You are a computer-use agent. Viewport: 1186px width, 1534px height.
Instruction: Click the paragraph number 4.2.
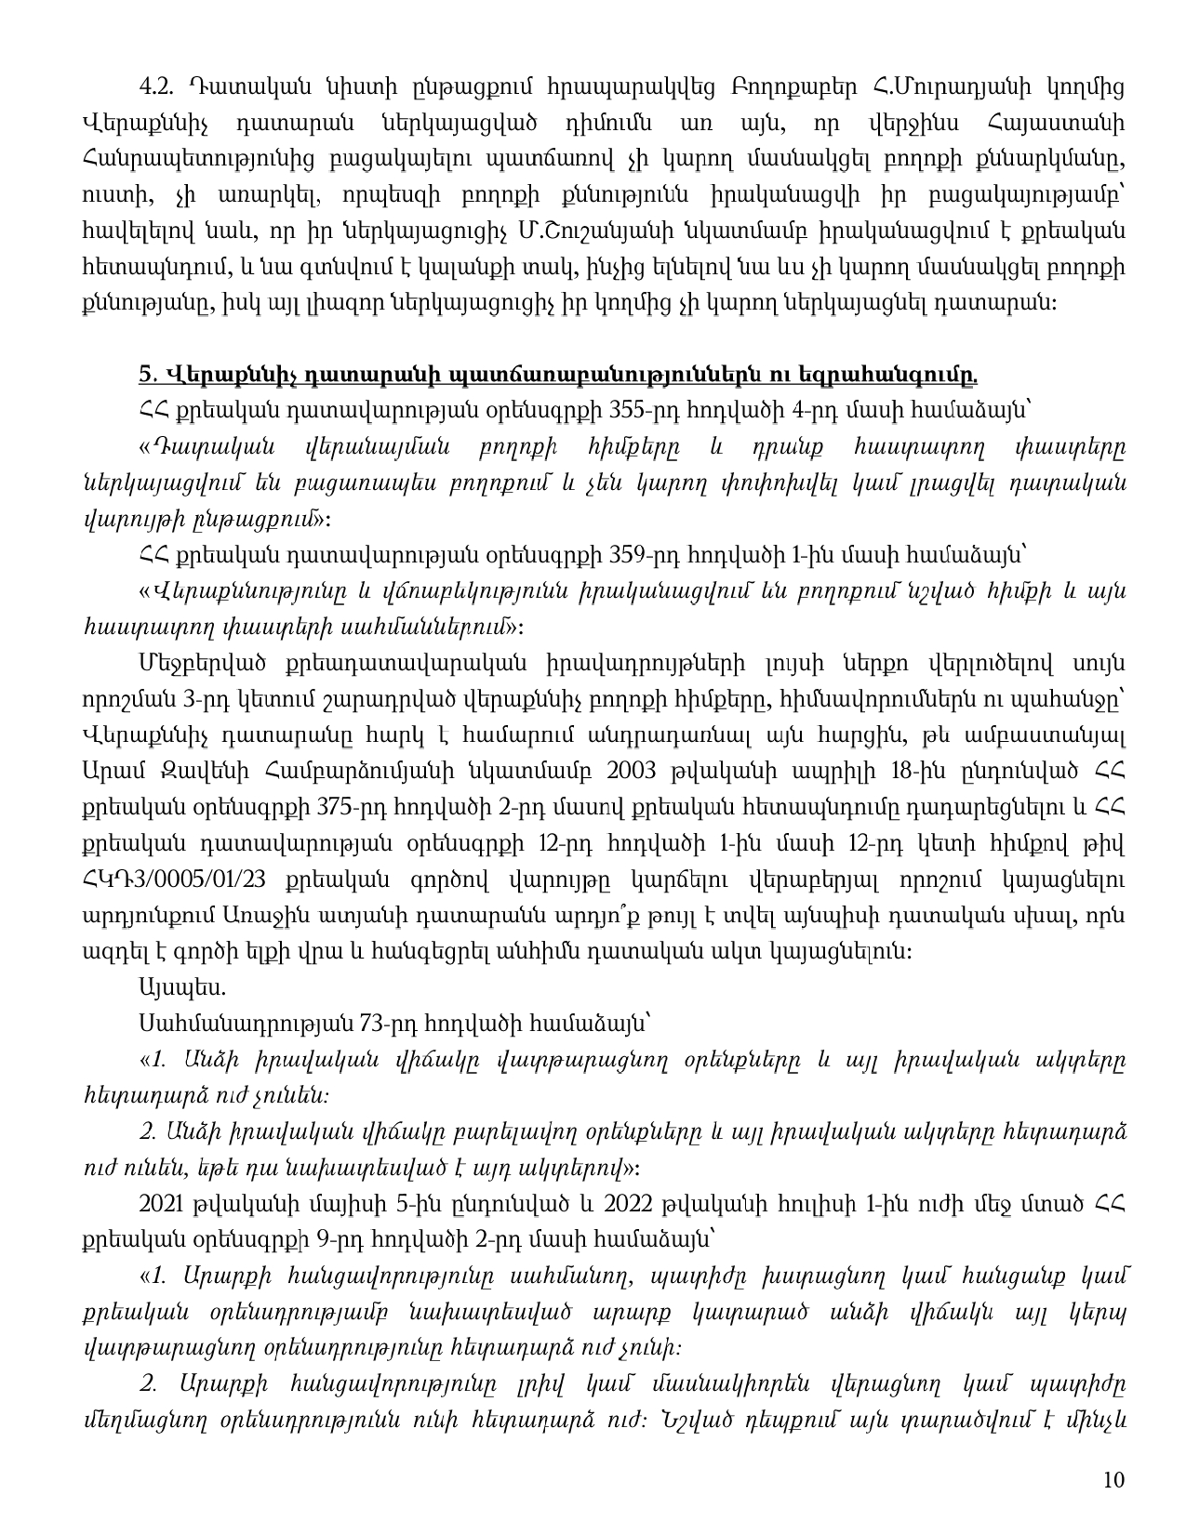pos(155,87)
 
